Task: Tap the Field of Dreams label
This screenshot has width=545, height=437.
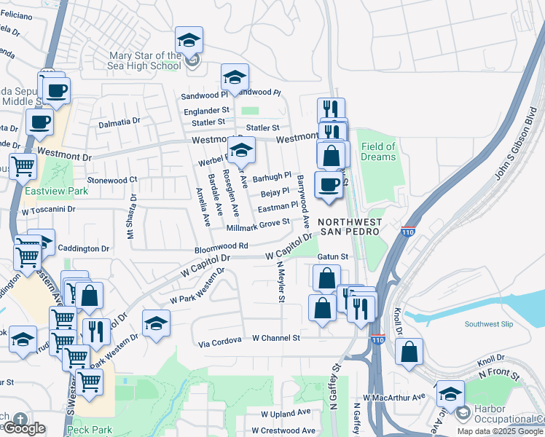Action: pyautogui.click(x=378, y=151)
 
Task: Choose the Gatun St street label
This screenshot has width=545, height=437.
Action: pyautogui.click(x=334, y=257)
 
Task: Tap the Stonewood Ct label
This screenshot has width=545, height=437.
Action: pyautogui.click(x=112, y=179)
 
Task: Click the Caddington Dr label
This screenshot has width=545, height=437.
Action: pyautogui.click(x=84, y=248)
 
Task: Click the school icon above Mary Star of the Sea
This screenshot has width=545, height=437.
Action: pyautogui.click(x=189, y=40)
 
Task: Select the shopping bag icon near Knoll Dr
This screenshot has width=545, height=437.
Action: pyautogui.click(x=409, y=351)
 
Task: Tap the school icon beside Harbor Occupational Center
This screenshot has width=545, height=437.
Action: pyautogui.click(x=450, y=394)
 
